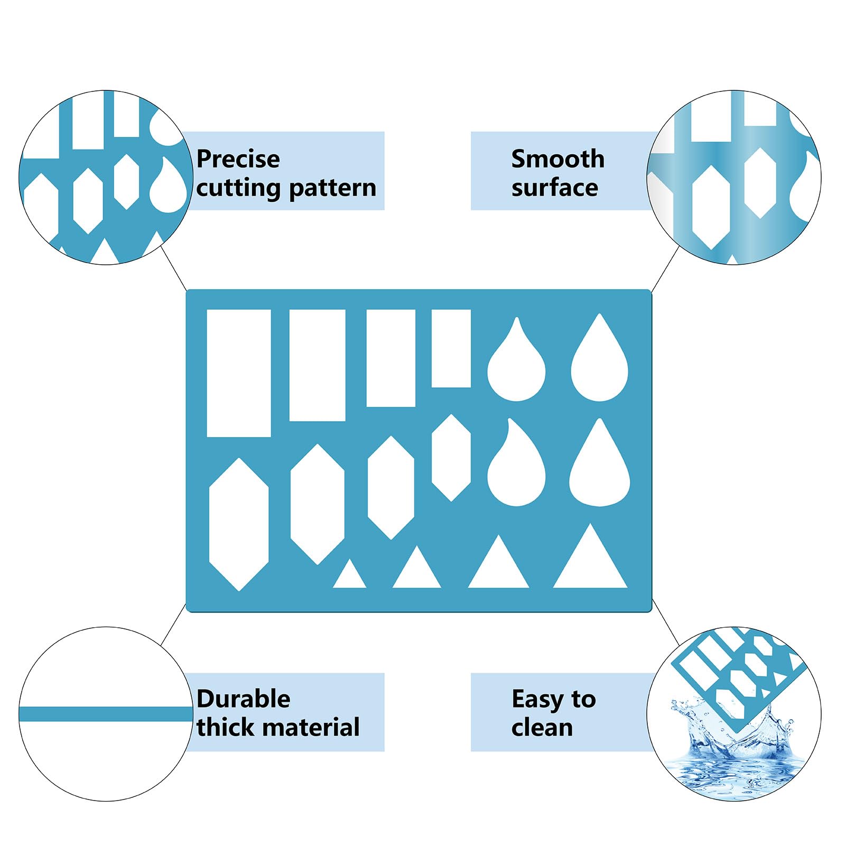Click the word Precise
238,159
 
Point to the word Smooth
558,159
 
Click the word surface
555,188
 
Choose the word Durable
243,699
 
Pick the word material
314,727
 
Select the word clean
542,727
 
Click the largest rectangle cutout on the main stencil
239,373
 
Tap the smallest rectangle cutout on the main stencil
451,348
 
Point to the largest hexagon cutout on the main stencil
239,524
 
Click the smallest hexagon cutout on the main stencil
451,458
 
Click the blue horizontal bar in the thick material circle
106,714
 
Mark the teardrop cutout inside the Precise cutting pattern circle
168,185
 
